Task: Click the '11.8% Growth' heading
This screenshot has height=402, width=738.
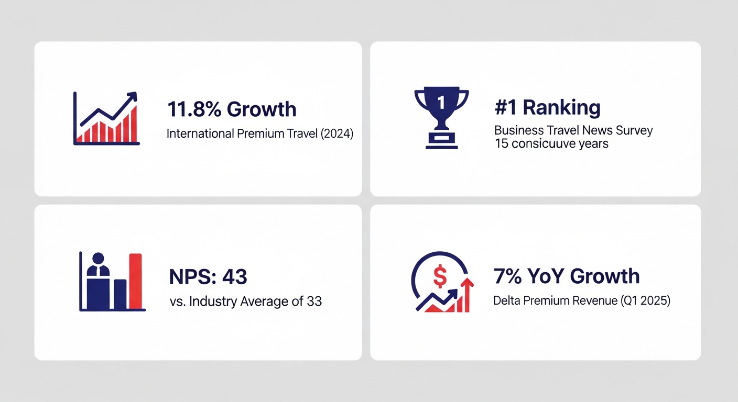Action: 232,109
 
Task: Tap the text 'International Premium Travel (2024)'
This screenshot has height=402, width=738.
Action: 260,133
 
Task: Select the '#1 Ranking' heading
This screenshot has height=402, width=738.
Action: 547,108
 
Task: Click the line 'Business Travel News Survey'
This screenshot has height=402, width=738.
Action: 573,130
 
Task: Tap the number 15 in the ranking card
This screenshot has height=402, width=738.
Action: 501,143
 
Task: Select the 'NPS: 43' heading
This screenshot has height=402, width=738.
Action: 208,277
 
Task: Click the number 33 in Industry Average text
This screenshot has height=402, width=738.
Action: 314,301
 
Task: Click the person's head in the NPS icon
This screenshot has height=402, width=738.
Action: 98,258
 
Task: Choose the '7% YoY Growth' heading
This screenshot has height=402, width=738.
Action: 567,276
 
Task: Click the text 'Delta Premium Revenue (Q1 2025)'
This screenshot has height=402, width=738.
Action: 582,301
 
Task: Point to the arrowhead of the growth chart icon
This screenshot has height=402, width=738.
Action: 133,96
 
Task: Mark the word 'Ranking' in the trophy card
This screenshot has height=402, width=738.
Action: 561,108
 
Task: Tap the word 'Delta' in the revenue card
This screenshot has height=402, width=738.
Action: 506,301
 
